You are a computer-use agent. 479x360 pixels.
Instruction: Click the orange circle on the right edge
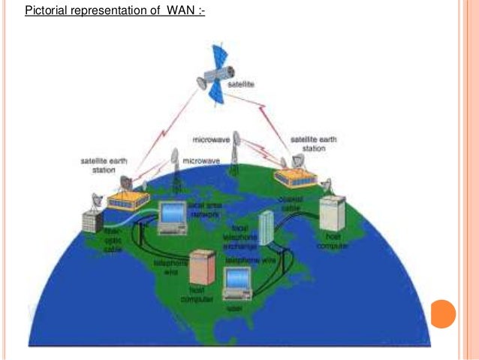[444, 313]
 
